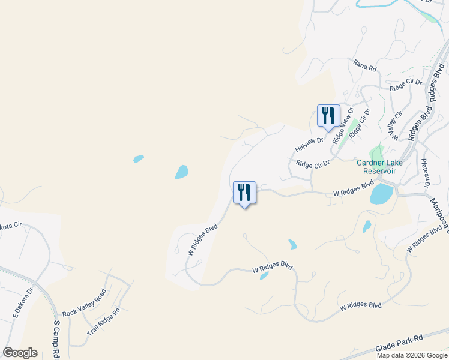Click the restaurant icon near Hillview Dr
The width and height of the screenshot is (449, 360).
pos(328,115)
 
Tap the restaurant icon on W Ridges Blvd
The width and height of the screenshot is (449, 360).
pos(244,193)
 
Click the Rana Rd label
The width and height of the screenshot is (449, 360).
pos(364,65)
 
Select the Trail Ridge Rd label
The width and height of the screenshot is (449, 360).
pos(104,322)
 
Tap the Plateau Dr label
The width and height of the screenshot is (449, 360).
pos(424,173)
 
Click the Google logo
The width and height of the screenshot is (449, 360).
pos(20,353)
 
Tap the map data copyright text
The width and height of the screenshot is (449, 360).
pos(412,355)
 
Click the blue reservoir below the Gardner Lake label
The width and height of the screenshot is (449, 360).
pos(382,194)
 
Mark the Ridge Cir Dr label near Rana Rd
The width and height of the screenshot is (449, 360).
pos(406,85)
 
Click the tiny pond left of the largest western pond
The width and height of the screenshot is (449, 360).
pos(139,159)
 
